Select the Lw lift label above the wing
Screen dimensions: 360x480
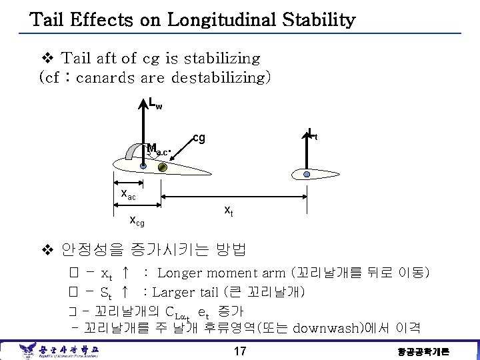coord(155,104)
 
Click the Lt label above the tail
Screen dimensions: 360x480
coord(312,134)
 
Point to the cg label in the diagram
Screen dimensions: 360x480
coord(199,138)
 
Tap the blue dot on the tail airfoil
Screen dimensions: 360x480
coord(307,174)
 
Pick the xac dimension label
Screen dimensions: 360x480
coord(127,194)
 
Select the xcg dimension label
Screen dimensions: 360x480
coord(137,220)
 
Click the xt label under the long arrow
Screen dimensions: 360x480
coord(228,211)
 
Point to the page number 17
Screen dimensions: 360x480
coord(241,351)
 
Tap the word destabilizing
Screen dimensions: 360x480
coord(221,77)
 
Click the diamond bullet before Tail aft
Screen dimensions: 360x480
coord(46,59)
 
